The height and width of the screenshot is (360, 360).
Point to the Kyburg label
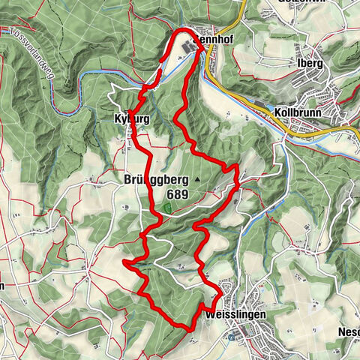(129, 120)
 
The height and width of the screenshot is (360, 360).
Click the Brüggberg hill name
(152, 180)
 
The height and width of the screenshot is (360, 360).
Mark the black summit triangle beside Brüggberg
(197, 180)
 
